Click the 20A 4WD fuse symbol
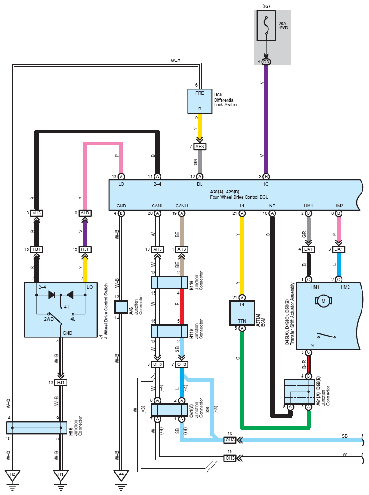click(266, 26)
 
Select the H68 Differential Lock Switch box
click(200, 101)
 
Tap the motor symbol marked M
click(323, 301)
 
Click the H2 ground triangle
click(12, 475)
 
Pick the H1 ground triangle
click(61, 475)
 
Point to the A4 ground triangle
click(121, 475)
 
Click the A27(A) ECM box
click(242, 313)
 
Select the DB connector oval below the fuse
click(266, 62)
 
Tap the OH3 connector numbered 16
click(230, 440)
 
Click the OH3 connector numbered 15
click(230, 458)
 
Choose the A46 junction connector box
click(121, 307)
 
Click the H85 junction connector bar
click(37, 428)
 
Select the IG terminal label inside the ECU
click(266, 184)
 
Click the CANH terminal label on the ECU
click(181, 206)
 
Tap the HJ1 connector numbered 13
click(61, 382)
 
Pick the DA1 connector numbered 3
click(339, 249)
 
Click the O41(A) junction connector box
click(169, 410)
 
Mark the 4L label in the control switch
click(73, 319)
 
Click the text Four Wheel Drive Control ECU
click(239, 197)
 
